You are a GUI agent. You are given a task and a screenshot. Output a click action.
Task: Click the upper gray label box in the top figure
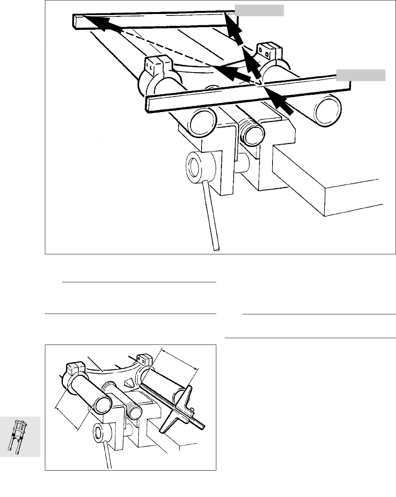(259, 11)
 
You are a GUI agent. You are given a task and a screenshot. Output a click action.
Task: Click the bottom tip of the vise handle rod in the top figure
(216, 248)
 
